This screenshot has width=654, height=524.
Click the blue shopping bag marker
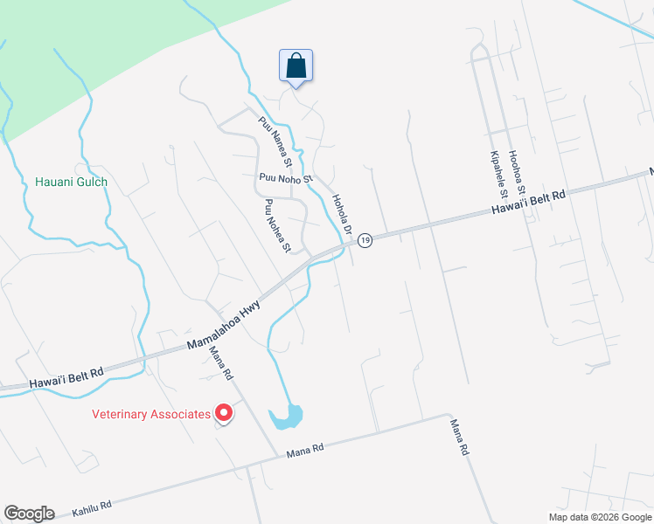296,66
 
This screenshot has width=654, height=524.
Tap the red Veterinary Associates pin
224,412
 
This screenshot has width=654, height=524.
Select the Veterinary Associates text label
152,414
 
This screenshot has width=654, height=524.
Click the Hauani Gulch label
71,182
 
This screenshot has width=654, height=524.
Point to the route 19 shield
365,239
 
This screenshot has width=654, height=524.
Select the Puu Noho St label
285,178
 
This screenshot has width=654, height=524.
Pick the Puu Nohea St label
277,225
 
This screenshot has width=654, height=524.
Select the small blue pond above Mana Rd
287,416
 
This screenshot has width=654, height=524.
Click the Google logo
29,514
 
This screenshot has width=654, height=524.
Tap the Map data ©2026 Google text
600,517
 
